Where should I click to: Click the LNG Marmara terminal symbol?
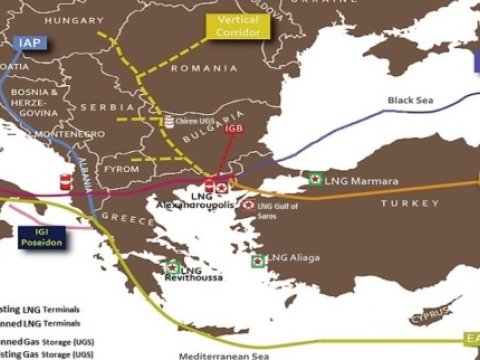click(315, 180)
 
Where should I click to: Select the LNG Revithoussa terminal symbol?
click(172, 267)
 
